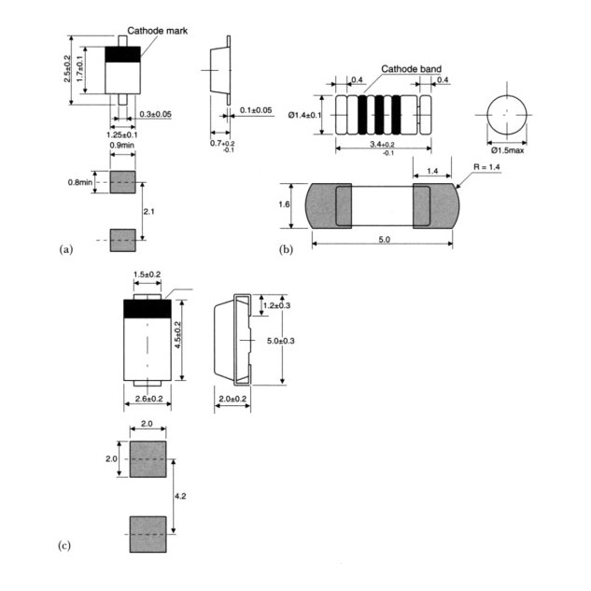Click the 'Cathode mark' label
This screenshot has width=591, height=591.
(x=158, y=31)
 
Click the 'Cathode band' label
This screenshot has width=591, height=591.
(x=412, y=69)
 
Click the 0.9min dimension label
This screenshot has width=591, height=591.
(x=120, y=146)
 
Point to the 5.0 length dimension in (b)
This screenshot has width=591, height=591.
(x=384, y=239)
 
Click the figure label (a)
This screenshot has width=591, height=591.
(x=65, y=249)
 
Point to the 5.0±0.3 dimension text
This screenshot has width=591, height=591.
(x=281, y=342)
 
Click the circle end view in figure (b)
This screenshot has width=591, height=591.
(x=506, y=114)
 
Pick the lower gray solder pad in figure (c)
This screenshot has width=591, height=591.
(x=147, y=535)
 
